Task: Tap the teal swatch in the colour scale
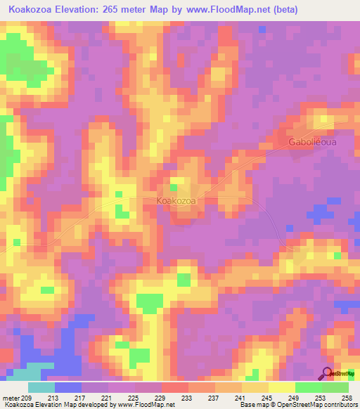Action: (x=41, y=387)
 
